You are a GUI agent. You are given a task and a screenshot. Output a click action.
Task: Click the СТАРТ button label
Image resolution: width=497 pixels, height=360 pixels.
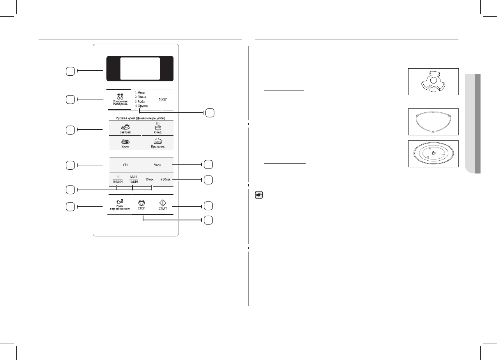tap(163, 209)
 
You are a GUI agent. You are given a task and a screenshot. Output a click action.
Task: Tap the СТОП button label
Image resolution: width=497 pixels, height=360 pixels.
tap(141, 209)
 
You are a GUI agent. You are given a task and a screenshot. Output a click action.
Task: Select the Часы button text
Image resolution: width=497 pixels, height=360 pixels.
tap(157, 165)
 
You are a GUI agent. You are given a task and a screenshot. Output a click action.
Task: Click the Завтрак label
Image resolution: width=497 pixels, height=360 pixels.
tap(126, 132)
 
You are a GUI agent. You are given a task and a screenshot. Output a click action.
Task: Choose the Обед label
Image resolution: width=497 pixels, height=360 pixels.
tap(157, 132)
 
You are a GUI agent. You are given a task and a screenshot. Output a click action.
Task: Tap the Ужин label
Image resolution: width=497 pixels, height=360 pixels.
tap(126, 147)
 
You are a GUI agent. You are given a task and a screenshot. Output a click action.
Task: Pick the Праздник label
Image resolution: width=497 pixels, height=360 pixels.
tap(157, 147)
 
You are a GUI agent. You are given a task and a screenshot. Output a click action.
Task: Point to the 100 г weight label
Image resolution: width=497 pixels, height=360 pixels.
tap(163, 99)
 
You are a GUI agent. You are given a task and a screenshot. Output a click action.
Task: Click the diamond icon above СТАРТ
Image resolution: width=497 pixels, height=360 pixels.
tap(163, 203)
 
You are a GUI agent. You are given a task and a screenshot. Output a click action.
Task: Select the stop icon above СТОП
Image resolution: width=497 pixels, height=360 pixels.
tap(141, 203)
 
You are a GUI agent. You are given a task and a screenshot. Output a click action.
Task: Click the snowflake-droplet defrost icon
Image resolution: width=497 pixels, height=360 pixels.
tap(120, 96)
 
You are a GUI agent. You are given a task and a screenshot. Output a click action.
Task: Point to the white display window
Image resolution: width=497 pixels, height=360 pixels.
tap(140, 69)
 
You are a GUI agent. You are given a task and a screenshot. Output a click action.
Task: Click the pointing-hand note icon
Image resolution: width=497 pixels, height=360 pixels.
tap(258, 196)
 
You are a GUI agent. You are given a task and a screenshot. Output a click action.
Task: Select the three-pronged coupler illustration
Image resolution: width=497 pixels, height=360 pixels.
tap(433, 82)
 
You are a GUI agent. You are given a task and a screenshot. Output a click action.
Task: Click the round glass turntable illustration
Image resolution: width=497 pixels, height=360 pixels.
tap(433, 154)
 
